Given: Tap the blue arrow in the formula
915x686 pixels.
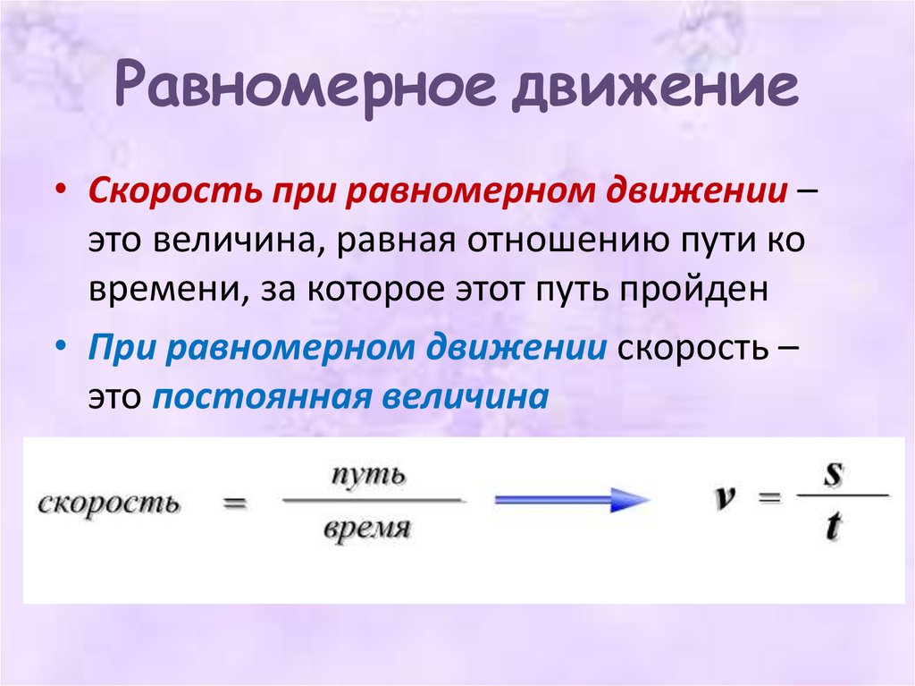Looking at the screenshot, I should (x=573, y=501).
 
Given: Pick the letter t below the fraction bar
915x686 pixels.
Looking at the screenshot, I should (x=833, y=529).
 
